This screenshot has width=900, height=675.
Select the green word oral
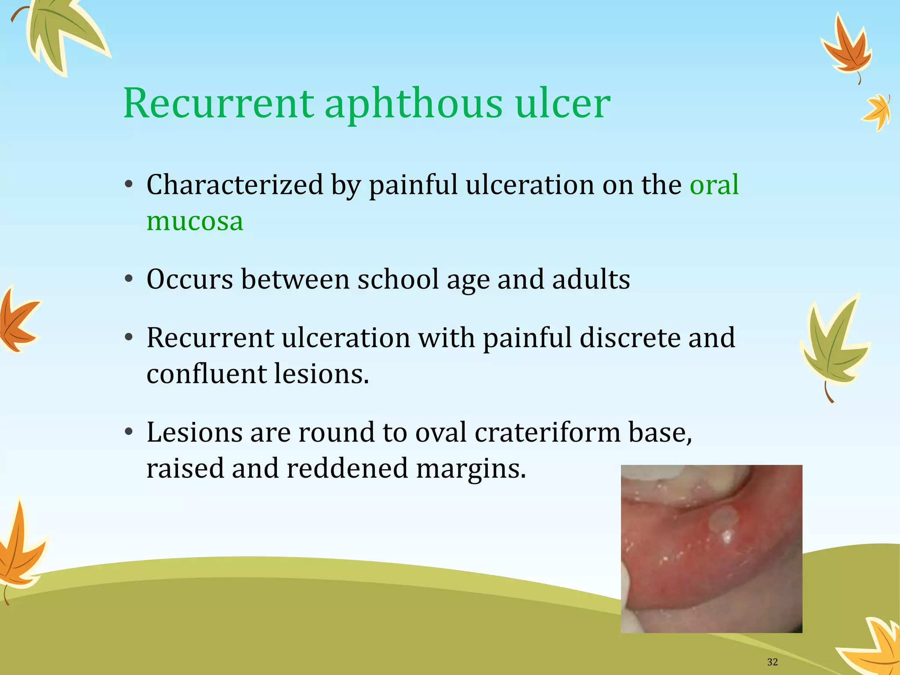(714, 185)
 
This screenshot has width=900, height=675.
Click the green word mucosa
(195, 221)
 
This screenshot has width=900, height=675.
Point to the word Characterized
(235, 185)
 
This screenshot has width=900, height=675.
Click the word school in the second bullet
(398, 279)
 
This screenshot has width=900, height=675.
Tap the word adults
(591, 279)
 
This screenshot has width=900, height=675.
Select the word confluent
(207, 374)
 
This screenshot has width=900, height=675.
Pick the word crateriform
(548, 432)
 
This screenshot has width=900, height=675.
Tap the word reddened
(347, 468)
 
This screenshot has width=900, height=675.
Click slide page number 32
(772, 662)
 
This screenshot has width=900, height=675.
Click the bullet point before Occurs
(128, 279)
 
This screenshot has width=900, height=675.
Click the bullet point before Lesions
(128, 432)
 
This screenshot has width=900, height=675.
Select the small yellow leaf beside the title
(877, 112)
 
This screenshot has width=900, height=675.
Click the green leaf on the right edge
(833, 343)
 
